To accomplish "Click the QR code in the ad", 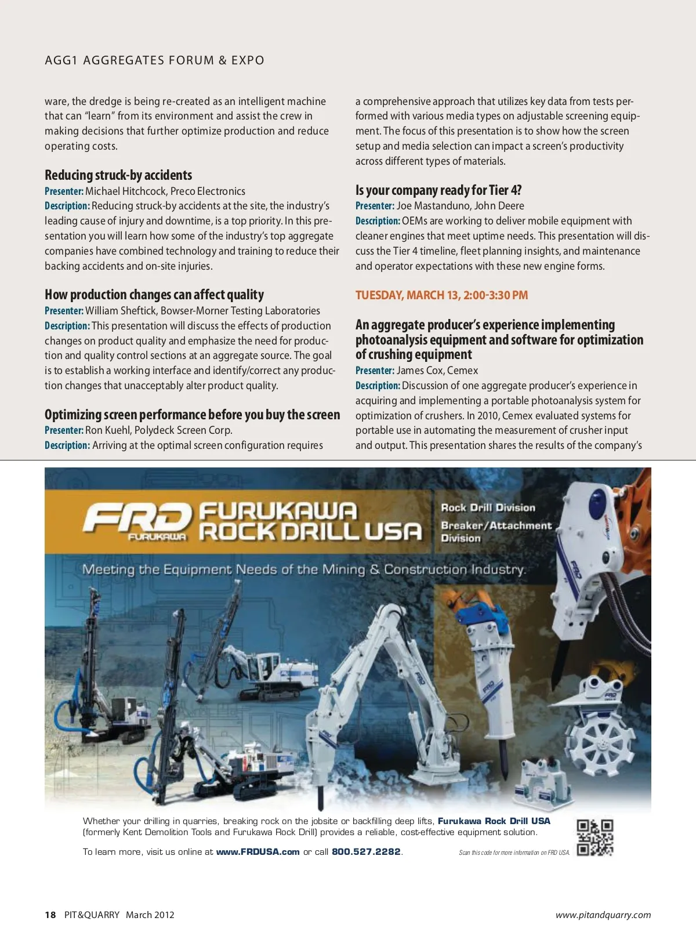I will click(x=595, y=837).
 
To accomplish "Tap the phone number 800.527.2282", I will click(x=366, y=852).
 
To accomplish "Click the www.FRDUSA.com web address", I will click(x=258, y=852).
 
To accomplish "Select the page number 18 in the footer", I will click(x=50, y=915).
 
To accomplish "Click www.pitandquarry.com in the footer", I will click(x=603, y=915).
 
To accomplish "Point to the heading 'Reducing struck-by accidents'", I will click(x=118, y=175).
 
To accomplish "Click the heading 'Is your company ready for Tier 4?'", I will click(x=438, y=190).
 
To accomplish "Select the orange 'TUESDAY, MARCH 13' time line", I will click(x=441, y=295).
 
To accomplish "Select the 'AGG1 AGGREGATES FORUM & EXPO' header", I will click(x=154, y=60).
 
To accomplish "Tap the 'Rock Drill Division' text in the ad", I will click(x=488, y=507).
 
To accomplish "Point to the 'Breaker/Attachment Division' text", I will click(x=496, y=532).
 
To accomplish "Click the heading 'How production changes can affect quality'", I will click(x=154, y=295).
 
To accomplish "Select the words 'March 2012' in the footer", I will click(x=150, y=915).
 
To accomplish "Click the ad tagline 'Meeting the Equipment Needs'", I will click(x=304, y=570).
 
